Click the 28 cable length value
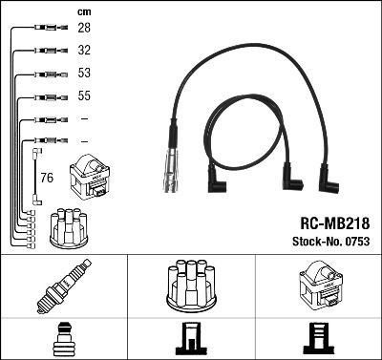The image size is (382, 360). click(x=85, y=30)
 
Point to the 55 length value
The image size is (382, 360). click(x=85, y=97)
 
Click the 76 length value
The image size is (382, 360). click(x=47, y=177)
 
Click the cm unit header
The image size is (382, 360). click(x=84, y=11)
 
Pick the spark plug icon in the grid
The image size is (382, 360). click(x=64, y=285)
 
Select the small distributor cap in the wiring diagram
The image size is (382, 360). click(x=72, y=225)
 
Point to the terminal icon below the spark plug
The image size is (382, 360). click(x=64, y=339)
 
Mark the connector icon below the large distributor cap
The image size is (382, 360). click(x=191, y=339)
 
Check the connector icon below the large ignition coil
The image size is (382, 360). click(x=318, y=339)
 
